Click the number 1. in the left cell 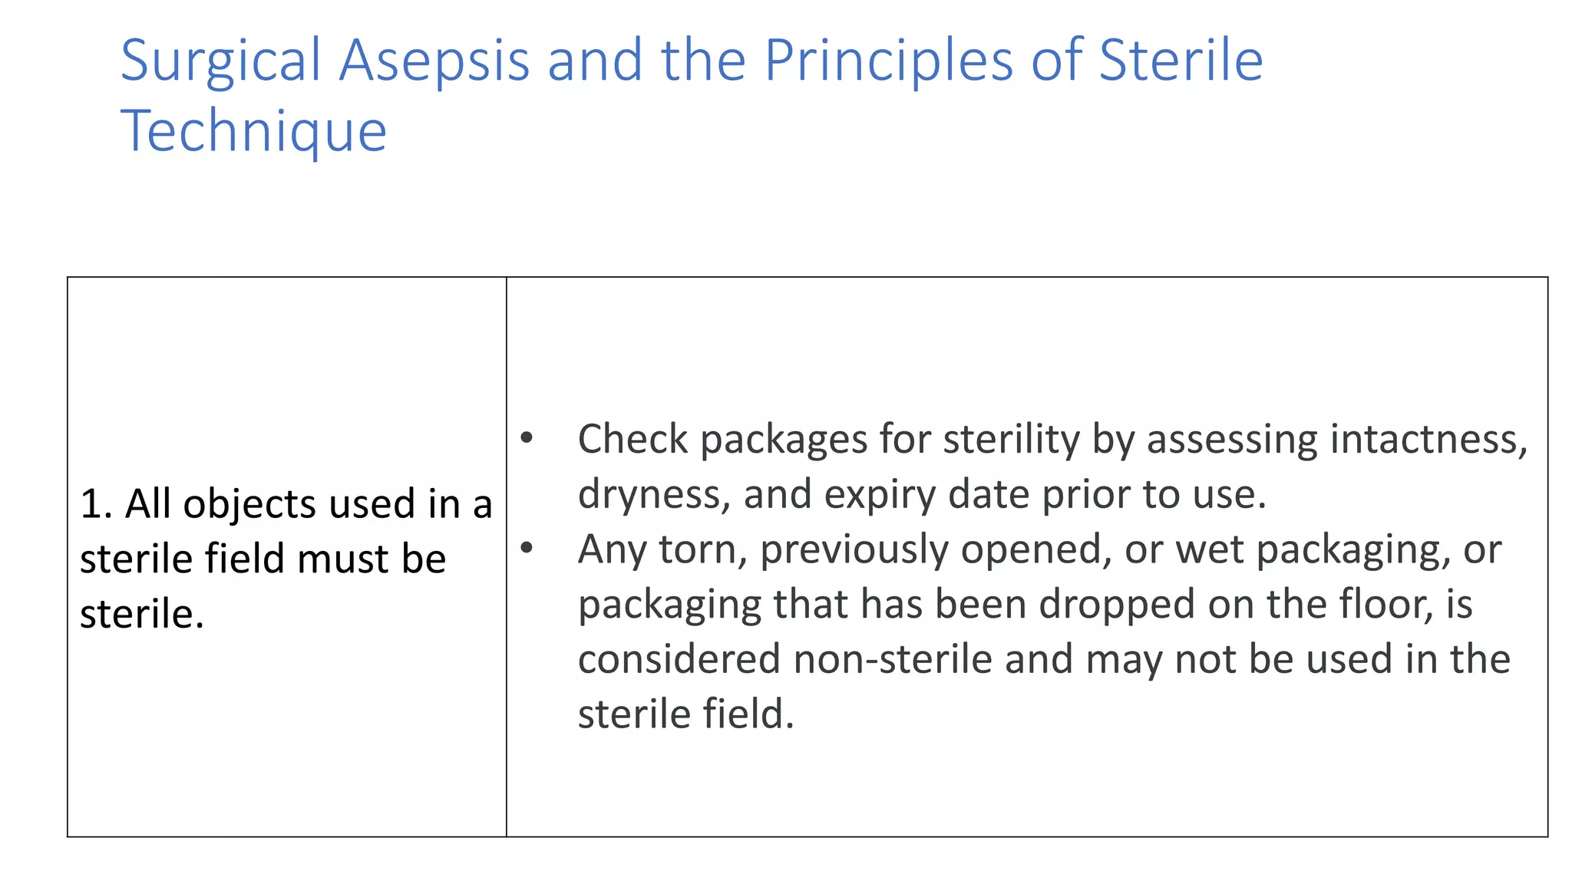coord(96,504)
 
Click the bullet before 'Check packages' coord(527,438)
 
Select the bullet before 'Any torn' coord(527,548)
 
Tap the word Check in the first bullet coord(632,440)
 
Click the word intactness coord(1428,440)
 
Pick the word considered coord(679,659)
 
